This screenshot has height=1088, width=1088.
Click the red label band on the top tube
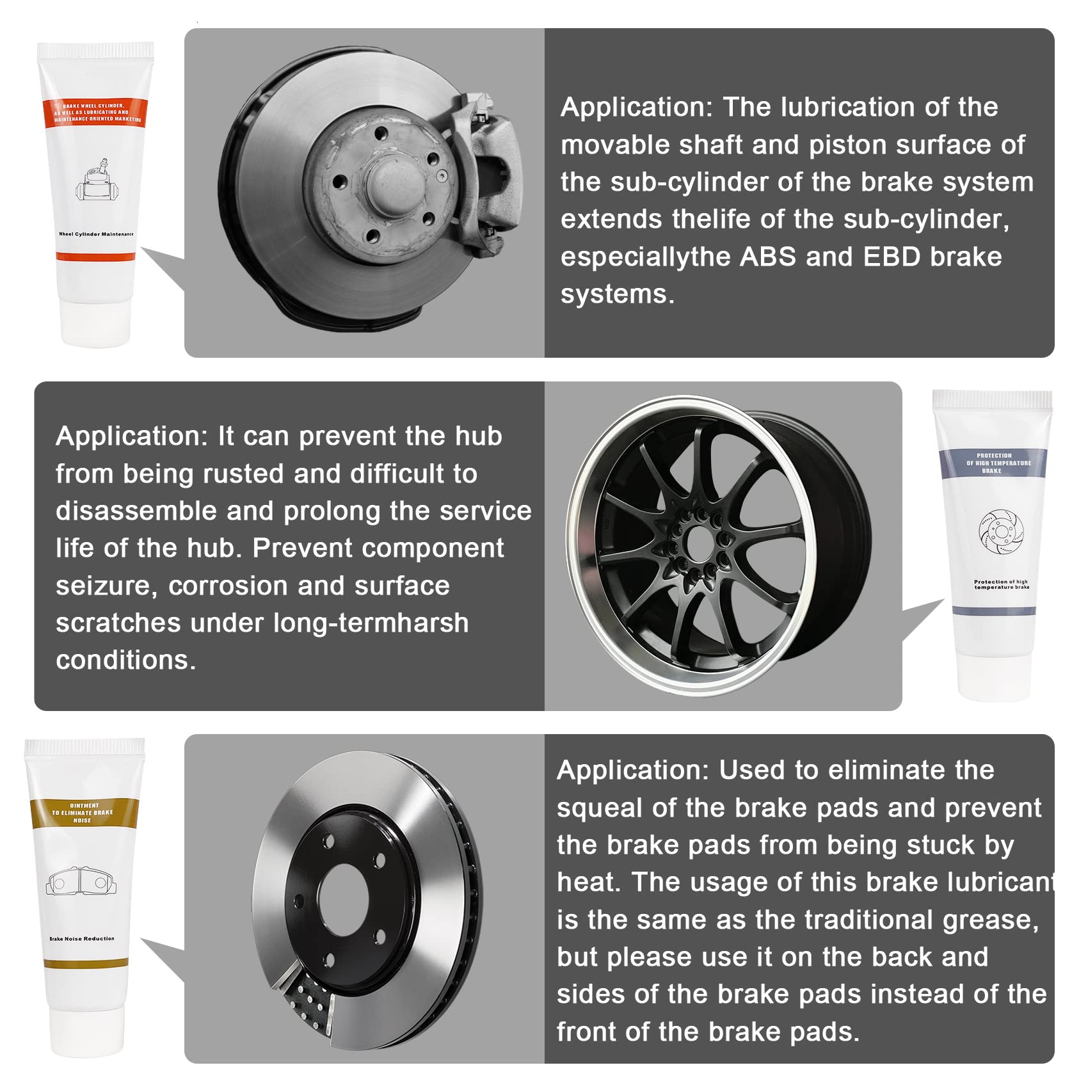tap(95, 113)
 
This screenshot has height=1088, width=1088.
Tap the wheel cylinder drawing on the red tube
tap(98, 181)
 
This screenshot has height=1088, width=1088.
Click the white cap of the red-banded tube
tap(96, 323)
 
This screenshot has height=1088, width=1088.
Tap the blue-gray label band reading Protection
tap(993, 463)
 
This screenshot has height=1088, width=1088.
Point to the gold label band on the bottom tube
tap(84, 813)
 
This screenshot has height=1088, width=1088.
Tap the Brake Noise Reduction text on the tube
tap(82, 939)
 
